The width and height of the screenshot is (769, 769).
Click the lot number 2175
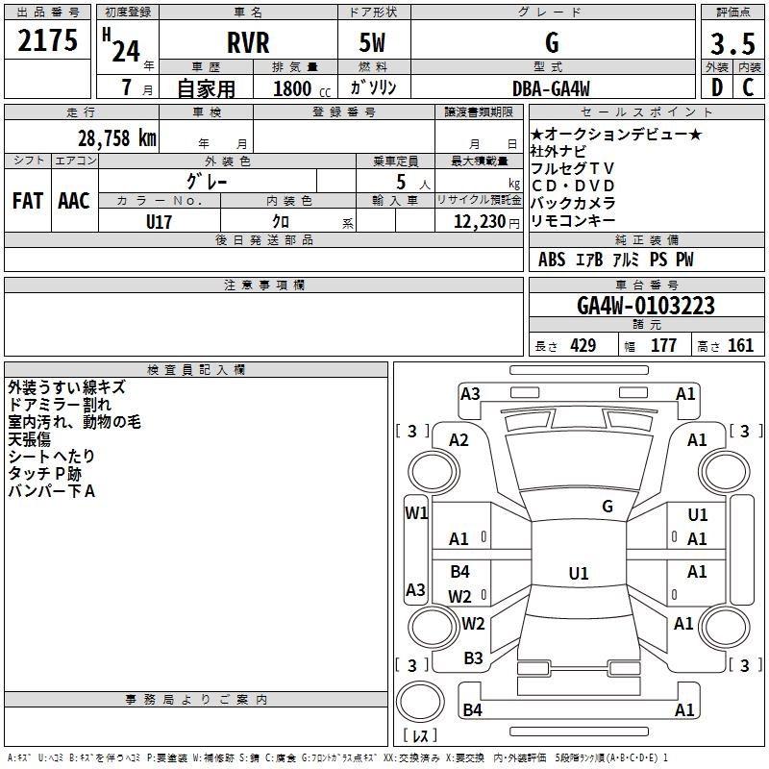coord(47,40)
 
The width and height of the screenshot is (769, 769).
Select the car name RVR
coord(248,42)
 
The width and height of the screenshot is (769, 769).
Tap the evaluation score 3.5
coord(732,43)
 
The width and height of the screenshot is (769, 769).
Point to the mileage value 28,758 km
coord(116,138)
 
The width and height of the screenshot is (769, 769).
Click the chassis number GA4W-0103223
coord(646,306)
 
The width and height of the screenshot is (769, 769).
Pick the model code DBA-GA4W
coord(551,88)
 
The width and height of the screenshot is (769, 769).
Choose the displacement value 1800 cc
coord(302,88)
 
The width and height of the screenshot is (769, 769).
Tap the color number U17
coord(159,222)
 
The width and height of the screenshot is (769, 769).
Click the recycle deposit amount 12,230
coord(479,222)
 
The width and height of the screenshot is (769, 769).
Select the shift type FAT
coord(28,201)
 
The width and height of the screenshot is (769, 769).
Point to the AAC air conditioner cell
coord(74,201)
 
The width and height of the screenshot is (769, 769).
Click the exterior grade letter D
coord(717,87)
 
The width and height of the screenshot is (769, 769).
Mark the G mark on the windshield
coord(608,507)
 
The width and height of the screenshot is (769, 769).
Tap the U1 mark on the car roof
coord(579,573)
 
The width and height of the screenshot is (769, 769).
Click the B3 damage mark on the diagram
coord(473,658)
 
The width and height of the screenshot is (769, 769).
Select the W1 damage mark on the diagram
coord(416,513)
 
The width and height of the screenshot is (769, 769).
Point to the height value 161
coord(740,345)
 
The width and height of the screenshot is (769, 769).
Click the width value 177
coord(663,345)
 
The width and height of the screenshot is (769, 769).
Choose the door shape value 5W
coord(372,42)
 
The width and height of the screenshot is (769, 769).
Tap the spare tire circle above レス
coord(420,701)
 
